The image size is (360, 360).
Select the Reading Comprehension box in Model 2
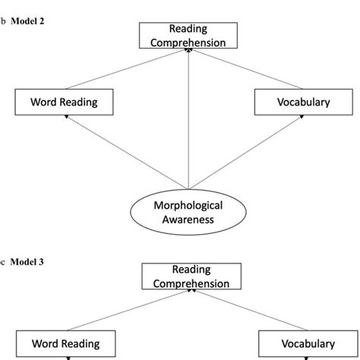pyautogui.click(x=188, y=36)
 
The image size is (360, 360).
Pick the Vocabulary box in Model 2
pyautogui.click(x=292, y=101)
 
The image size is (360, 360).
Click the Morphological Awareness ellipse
pyautogui.click(x=188, y=213)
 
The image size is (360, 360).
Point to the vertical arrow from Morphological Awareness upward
pyautogui.click(x=188, y=122)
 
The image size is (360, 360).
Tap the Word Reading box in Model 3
pyautogui.click(x=66, y=343)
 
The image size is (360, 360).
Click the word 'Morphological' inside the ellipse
pyautogui.click(x=188, y=206)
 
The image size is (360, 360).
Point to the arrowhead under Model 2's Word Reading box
pyautogui.click(x=67, y=116)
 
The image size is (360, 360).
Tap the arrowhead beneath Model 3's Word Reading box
pyautogui.click(x=67, y=357)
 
